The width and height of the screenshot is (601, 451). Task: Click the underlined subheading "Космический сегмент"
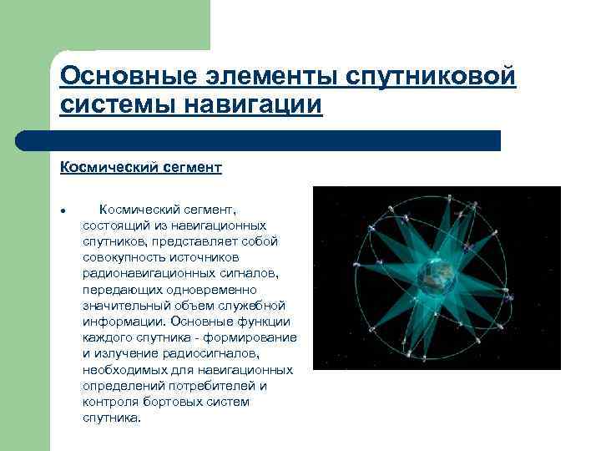pos(140,168)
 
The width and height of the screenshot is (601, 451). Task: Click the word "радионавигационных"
pos(141,273)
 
